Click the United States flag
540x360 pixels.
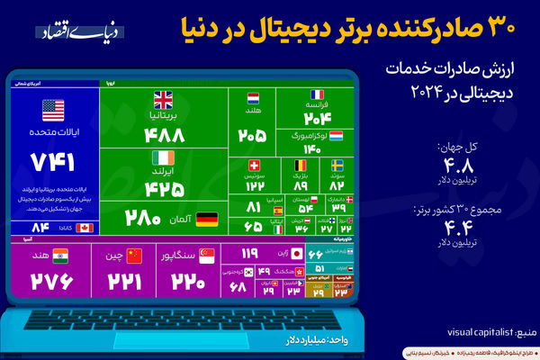(53, 111)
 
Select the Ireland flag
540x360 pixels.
(163, 157)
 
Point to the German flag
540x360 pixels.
(206, 218)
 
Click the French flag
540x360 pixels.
(317, 94)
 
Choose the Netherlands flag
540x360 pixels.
(253, 97)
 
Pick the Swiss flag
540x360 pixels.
(254, 166)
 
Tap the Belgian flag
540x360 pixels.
(301, 166)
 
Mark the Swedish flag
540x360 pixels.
(336, 166)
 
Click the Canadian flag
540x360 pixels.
(85, 228)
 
